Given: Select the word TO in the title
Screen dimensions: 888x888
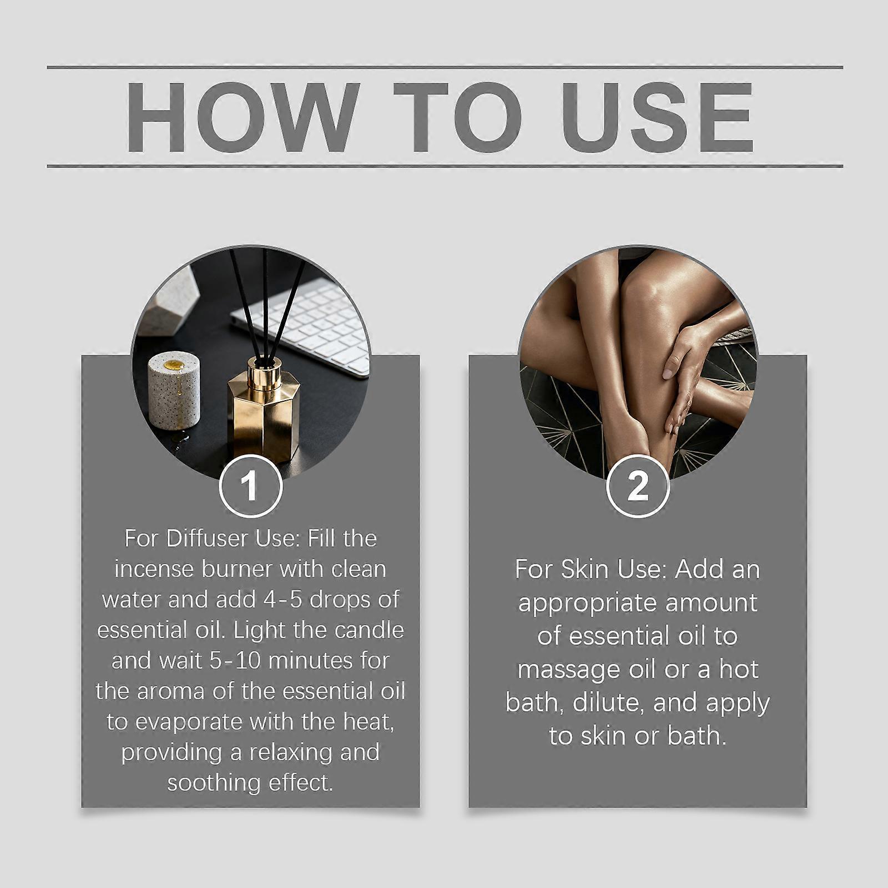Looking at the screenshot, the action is pos(458,117).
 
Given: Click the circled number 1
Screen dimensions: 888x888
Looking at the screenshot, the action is pos(250,486).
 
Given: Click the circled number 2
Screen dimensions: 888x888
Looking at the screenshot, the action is pos(638,486).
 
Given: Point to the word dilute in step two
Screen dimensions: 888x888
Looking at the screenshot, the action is pos(607,703).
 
